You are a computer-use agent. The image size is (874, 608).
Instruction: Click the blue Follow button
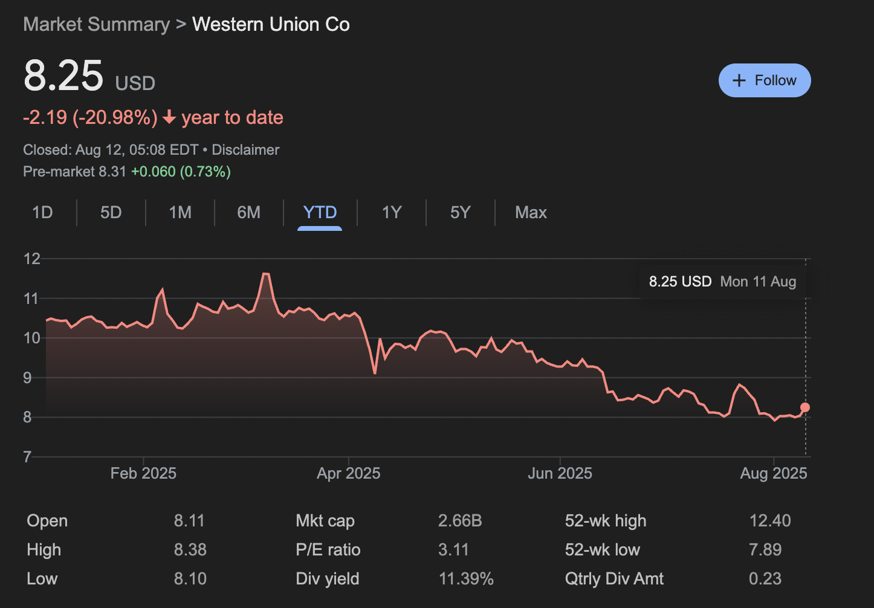click(765, 80)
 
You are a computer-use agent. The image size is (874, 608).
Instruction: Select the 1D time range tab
click(42, 213)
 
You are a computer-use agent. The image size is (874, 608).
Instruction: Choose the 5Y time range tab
click(460, 213)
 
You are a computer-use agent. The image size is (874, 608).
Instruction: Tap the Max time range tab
click(531, 213)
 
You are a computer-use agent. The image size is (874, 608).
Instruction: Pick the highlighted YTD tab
click(320, 213)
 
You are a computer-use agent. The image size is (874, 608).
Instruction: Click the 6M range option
click(248, 213)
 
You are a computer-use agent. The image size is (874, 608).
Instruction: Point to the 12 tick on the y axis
click(31, 259)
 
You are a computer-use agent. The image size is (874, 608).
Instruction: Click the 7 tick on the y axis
click(27, 457)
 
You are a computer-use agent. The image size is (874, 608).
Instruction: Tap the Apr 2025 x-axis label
click(349, 473)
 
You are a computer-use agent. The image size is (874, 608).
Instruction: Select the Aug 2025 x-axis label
click(774, 473)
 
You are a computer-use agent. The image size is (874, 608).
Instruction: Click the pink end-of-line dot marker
click(805, 407)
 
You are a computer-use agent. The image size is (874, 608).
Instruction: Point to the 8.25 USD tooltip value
click(680, 282)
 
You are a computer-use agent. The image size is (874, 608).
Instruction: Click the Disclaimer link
click(245, 150)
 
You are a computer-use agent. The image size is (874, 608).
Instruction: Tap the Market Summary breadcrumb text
click(97, 25)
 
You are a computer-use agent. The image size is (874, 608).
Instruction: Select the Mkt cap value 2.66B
click(460, 521)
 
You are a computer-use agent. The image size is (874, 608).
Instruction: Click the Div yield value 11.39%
click(466, 579)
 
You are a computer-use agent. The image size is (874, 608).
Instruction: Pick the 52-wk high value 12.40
click(770, 521)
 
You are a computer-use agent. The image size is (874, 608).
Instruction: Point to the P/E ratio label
click(328, 550)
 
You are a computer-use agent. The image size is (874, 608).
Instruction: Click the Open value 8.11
click(189, 521)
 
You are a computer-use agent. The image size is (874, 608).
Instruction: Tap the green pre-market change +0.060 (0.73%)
click(181, 172)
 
